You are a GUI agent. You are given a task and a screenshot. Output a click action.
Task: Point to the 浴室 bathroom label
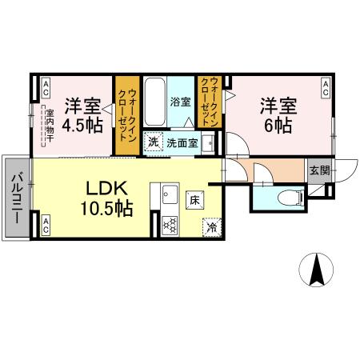click(180, 102)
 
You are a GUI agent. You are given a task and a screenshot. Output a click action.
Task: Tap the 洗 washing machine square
click(153, 142)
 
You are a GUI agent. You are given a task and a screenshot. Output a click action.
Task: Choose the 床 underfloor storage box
click(194, 200)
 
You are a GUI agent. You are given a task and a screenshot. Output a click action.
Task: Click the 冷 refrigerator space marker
click(211, 226)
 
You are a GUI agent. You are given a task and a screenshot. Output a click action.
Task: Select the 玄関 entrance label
click(318, 169)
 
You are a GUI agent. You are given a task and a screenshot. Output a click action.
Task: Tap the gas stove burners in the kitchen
click(170, 224)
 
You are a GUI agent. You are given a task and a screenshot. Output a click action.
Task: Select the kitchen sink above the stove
click(169, 194)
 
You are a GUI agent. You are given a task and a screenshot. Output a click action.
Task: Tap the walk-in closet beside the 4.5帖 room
click(126, 116)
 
